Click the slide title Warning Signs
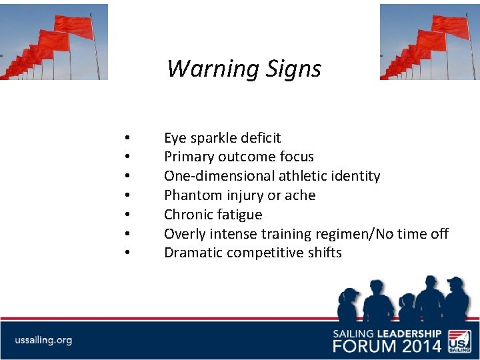243,69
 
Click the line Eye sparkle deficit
222,138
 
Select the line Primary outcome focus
239,157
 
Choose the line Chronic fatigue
213,215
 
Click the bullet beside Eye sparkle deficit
126,139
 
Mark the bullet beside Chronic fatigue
126,215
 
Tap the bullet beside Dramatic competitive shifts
126,253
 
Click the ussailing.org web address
43,340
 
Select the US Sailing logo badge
459,339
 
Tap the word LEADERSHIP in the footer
408,333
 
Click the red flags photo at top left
53,41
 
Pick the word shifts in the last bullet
325,253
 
